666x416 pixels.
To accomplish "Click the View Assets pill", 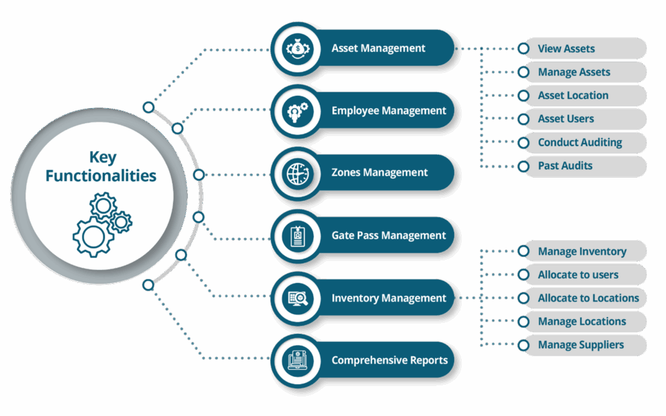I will click(x=582, y=49).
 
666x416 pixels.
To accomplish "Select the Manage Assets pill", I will click(x=582, y=72).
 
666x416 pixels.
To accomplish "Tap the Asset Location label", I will click(x=573, y=96).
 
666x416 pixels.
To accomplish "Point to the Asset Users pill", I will click(x=582, y=119).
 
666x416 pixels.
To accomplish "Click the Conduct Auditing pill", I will click(x=582, y=143).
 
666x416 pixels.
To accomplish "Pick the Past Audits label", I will click(x=565, y=166).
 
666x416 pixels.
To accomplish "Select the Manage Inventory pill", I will click(x=582, y=251).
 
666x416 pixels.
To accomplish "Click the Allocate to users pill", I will click(x=582, y=275).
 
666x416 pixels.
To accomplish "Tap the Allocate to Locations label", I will click(x=588, y=298).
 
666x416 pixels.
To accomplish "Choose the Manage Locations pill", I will click(x=582, y=322).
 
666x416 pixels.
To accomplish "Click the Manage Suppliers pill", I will click(x=582, y=345).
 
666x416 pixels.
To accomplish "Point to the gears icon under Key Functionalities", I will click(x=101, y=224).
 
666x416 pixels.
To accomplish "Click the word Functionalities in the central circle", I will click(x=101, y=176).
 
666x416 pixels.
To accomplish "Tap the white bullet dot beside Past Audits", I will click(x=524, y=166).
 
